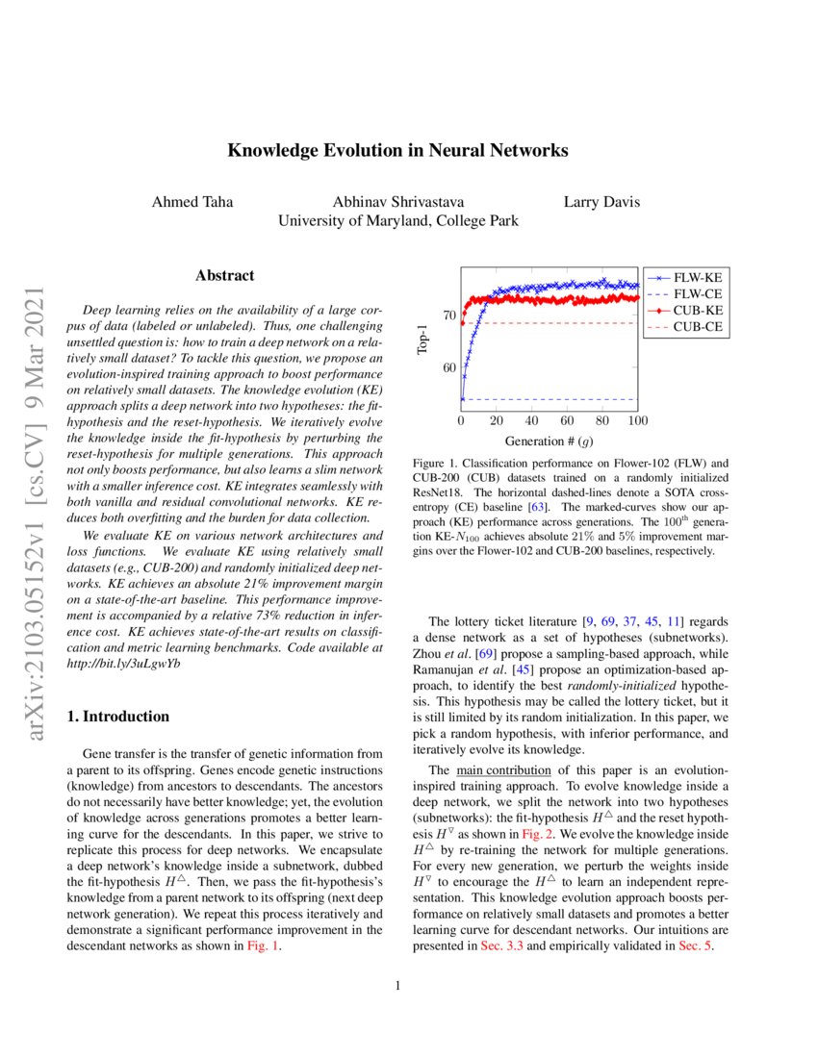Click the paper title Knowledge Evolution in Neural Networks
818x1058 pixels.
pos(397,151)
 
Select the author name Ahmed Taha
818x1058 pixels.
pos(191,202)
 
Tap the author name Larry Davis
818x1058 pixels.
pos(601,202)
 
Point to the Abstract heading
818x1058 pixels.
pos(225,276)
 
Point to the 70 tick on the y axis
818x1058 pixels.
pos(449,315)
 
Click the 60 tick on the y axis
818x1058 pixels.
pos(449,368)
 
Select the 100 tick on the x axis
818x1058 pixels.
pos(637,422)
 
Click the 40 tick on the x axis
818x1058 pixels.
pos(531,422)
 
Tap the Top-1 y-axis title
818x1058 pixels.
pos(422,340)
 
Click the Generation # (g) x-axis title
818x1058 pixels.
pos(549,441)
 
